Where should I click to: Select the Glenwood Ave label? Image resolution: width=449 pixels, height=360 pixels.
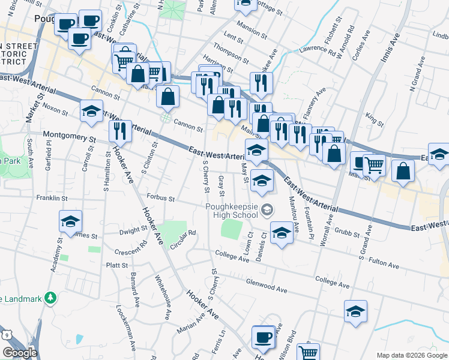pyautogui.click(x=266, y=286)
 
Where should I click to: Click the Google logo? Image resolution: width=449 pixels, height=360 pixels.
pyautogui.click(x=19, y=353)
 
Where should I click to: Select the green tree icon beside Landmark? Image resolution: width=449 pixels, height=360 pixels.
pyautogui.click(x=52, y=298)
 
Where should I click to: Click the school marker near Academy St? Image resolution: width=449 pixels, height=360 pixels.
pyautogui.click(x=70, y=221)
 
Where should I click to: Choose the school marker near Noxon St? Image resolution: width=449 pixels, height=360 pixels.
pyautogui.click(x=91, y=112)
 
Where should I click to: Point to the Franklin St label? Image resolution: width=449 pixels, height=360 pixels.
pyautogui.click(x=51, y=197)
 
